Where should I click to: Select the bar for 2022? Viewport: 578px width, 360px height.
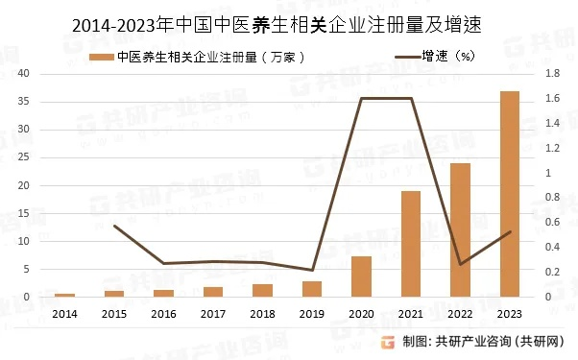point(461,230)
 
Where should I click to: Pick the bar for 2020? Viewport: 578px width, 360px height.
point(361,276)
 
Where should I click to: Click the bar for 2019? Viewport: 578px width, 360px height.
point(312,289)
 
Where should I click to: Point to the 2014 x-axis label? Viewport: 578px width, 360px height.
point(64,313)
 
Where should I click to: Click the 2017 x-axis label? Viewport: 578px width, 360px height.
point(213,313)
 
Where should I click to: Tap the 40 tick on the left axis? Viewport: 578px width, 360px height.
point(24,74)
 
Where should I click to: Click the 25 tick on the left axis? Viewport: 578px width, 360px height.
point(24,157)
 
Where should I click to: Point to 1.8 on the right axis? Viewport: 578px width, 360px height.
point(552,74)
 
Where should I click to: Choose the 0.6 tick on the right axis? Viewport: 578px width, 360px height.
point(552,223)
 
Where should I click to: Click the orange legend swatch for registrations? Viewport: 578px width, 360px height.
point(100,57)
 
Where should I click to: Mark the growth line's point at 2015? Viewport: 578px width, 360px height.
point(114,226)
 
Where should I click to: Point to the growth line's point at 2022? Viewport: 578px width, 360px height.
point(461,264)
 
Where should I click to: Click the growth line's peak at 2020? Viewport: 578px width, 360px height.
point(361,99)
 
